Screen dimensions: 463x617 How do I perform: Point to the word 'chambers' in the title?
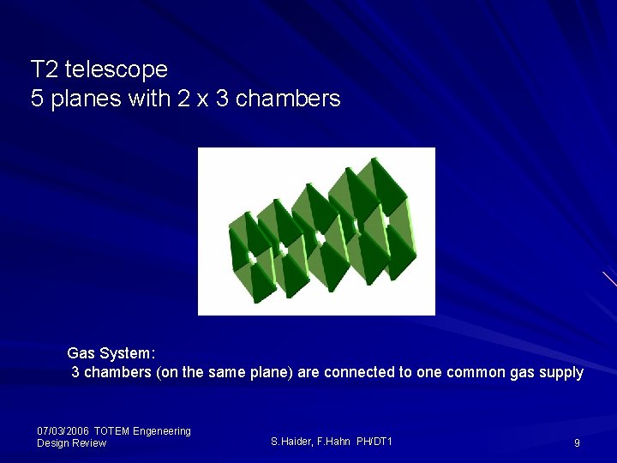[288, 99]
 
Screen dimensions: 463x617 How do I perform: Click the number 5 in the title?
[37, 99]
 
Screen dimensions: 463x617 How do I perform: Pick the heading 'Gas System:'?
[111, 352]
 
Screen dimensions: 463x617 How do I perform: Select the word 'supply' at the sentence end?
[561, 372]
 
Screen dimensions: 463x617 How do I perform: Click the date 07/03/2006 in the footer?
[63, 430]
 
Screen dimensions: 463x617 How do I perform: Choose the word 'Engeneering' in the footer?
[162, 430]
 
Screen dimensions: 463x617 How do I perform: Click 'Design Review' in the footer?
[71, 443]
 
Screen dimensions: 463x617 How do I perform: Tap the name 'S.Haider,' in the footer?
[294, 442]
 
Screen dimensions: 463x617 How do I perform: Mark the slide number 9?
[577, 443]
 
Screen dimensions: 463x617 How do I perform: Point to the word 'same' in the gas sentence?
[226, 372]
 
